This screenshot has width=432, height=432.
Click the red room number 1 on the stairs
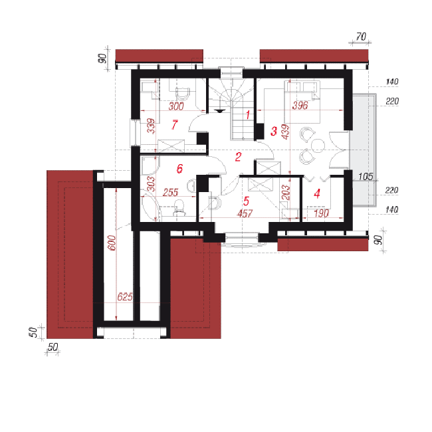248,114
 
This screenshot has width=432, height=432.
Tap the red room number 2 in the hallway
238,157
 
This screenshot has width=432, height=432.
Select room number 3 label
274,131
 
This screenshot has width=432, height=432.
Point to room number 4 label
317,193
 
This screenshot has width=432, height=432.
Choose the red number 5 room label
246,201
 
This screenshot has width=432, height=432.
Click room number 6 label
179,169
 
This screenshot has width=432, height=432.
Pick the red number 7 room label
174,125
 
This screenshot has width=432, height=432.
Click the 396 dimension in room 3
300,105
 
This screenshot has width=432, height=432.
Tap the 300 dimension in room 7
176,106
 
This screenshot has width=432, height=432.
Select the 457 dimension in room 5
245,213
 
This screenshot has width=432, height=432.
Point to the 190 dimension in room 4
321,213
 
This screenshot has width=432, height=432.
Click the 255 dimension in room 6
170,192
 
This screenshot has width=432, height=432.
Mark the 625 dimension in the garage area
124,296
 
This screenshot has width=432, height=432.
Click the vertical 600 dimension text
112,243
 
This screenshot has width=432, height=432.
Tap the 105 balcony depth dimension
366,177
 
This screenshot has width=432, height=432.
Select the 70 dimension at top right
361,37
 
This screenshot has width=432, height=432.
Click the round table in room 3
318,145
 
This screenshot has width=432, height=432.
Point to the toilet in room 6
179,207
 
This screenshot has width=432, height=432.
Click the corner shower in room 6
150,165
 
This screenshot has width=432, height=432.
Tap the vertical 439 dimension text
285,132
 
